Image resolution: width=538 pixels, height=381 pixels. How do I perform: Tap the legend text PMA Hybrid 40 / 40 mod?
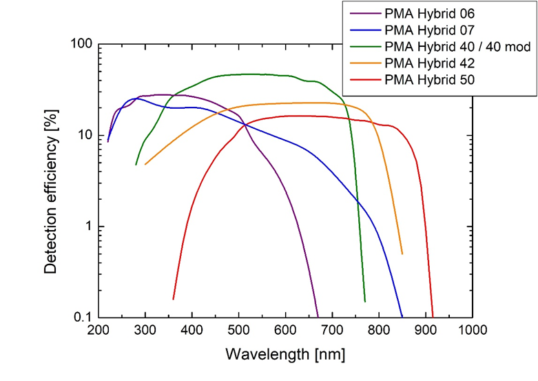[457, 47]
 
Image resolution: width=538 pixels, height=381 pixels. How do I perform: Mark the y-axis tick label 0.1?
[83, 318]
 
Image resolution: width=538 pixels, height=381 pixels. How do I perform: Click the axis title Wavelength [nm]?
[285, 355]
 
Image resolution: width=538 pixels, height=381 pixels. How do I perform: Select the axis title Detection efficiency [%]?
[51, 181]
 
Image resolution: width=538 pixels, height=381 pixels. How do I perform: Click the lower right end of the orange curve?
[402, 254]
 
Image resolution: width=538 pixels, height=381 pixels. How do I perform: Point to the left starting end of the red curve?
[173, 299]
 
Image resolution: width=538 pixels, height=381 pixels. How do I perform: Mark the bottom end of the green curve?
[365, 302]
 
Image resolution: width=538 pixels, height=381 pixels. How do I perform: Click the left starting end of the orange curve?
[145, 165]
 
